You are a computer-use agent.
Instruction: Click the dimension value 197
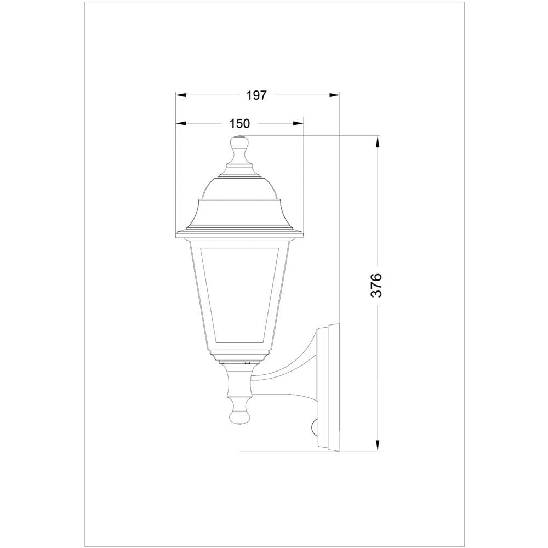click(x=256, y=95)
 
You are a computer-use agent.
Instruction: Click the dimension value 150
click(x=239, y=124)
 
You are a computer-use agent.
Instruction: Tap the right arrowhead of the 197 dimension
click(x=334, y=95)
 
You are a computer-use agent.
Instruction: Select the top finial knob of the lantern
click(x=239, y=145)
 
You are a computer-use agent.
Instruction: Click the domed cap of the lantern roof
click(x=239, y=189)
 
